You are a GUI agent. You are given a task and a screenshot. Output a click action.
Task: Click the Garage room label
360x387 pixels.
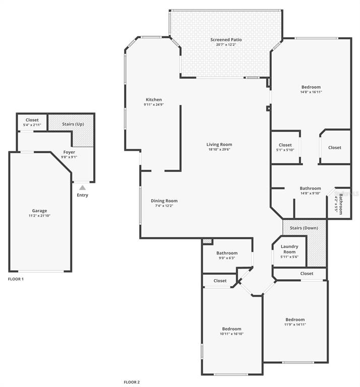(x=39, y=211)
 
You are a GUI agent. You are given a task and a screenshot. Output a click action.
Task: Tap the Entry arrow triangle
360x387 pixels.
(x=82, y=187)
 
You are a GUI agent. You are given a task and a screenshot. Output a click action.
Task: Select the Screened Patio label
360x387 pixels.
(x=226, y=39)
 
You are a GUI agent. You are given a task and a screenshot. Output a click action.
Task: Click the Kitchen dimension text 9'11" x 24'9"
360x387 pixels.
(x=154, y=105)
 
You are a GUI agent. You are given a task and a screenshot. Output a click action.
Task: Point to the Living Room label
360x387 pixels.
(x=219, y=144)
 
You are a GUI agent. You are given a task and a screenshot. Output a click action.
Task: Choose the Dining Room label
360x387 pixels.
(x=164, y=201)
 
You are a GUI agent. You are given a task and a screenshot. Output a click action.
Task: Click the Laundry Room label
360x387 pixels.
(x=289, y=249)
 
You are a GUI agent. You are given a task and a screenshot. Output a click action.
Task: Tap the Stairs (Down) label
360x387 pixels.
(x=304, y=228)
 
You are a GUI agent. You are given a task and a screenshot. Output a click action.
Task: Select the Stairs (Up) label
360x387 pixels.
(x=73, y=123)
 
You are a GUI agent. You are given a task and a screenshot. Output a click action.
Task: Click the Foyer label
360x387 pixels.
(x=69, y=152)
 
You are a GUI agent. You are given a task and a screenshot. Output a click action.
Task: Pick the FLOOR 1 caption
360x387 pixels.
(x=16, y=279)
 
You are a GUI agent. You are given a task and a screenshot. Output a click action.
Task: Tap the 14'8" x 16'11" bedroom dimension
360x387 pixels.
(x=311, y=92)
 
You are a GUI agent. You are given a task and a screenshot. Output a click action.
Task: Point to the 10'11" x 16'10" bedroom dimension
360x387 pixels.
(x=231, y=334)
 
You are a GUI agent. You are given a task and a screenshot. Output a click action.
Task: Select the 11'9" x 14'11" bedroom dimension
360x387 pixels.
(x=295, y=325)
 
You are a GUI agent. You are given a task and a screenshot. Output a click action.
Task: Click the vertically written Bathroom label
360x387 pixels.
(x=341, y=204)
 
